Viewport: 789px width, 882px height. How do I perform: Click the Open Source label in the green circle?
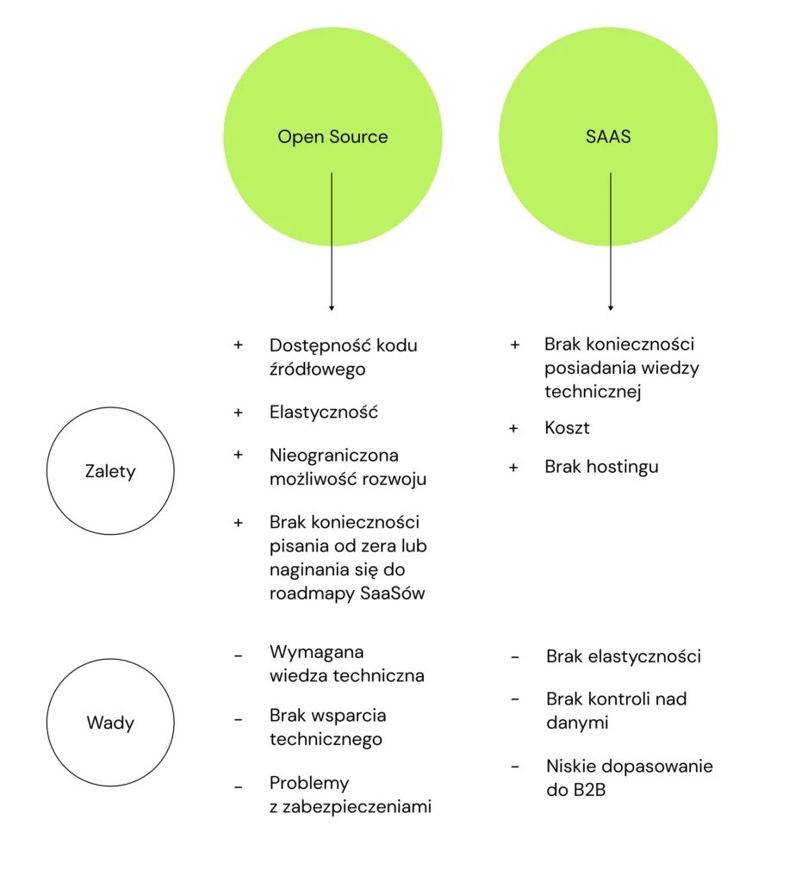332,137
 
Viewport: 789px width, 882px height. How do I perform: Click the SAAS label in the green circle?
608,137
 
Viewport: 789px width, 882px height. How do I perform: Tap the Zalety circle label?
110,471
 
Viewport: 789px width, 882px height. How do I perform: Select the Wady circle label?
110,723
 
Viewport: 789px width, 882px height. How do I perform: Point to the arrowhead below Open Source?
332,307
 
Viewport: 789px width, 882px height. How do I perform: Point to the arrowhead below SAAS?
611,307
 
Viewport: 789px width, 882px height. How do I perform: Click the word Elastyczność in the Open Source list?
324,412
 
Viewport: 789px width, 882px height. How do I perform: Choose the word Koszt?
567,427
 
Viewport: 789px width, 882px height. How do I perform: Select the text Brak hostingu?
601,467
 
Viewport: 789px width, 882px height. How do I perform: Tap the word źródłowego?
317,370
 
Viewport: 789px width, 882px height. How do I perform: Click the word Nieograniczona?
334,455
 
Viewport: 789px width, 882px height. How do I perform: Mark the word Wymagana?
316,651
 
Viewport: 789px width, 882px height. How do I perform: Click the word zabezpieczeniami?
357,807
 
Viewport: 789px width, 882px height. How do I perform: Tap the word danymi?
577,723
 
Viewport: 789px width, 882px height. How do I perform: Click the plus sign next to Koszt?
514,428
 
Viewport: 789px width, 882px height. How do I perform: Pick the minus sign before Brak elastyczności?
515,657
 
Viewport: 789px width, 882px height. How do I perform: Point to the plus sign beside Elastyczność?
239,413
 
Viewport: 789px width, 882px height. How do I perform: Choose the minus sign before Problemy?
239,785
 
